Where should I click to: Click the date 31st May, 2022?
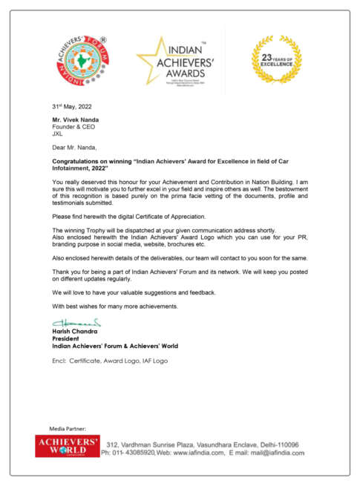click(72, 107)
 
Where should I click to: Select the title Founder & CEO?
click(73, 127)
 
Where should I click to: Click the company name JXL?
click(57, 134)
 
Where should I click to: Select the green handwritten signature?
click(76, 323)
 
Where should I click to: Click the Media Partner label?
click(68, 429)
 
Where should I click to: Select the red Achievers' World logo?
click(68, 446)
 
